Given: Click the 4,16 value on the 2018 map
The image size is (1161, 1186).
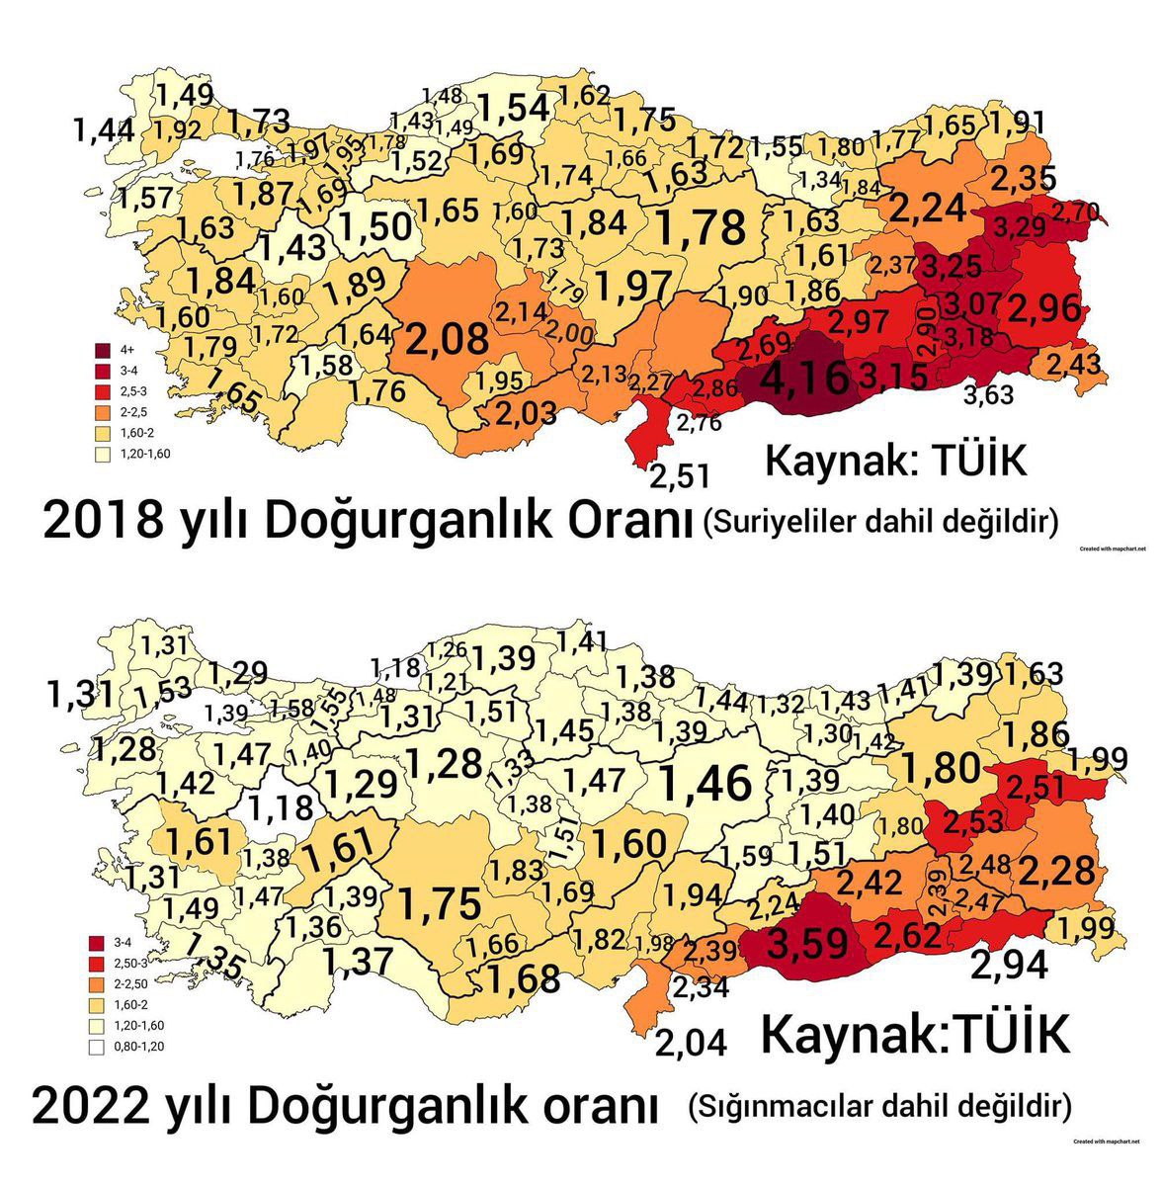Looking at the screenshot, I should [805, 380].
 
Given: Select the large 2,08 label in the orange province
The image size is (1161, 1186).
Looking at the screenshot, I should [446, 338].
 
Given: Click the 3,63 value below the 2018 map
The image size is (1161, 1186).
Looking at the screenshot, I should [989, 395].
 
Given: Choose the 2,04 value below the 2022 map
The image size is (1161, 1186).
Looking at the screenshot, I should [692, 1043].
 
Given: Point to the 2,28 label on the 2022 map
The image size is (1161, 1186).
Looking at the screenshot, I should [1057, 872].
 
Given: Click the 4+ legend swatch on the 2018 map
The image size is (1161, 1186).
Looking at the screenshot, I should [103, 349].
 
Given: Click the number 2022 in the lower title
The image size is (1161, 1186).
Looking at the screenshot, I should [92, 1107].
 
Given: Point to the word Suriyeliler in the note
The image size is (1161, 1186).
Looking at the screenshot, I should [775, 520].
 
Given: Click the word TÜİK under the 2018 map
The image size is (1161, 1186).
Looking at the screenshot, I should [966, 462].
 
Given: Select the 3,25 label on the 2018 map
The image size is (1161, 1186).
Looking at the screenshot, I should [952, 266].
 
